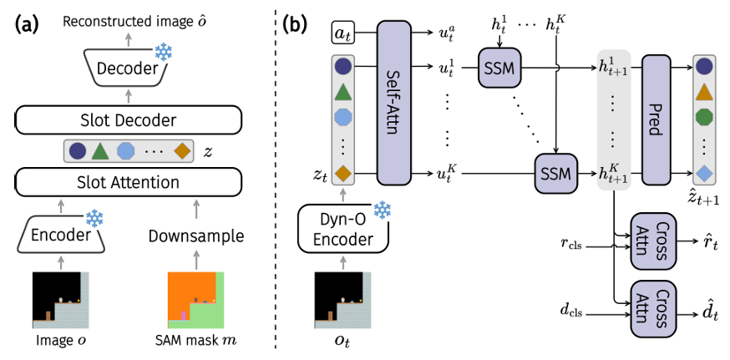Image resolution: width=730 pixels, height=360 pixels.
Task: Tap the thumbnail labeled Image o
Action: coord(57,297)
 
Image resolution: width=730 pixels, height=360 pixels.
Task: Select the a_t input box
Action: coord(341,33)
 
